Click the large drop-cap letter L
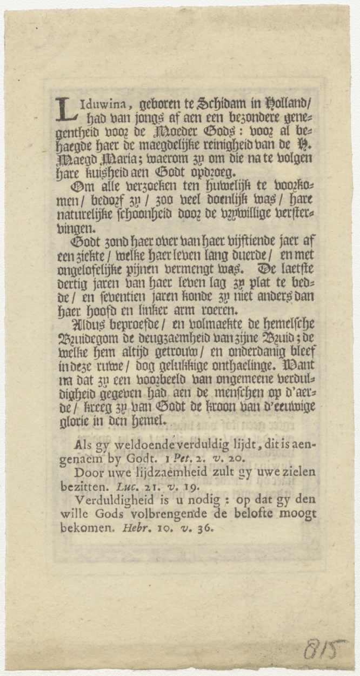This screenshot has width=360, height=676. (x=66, y=109)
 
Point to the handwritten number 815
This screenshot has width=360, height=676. (x=324, y=649)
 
